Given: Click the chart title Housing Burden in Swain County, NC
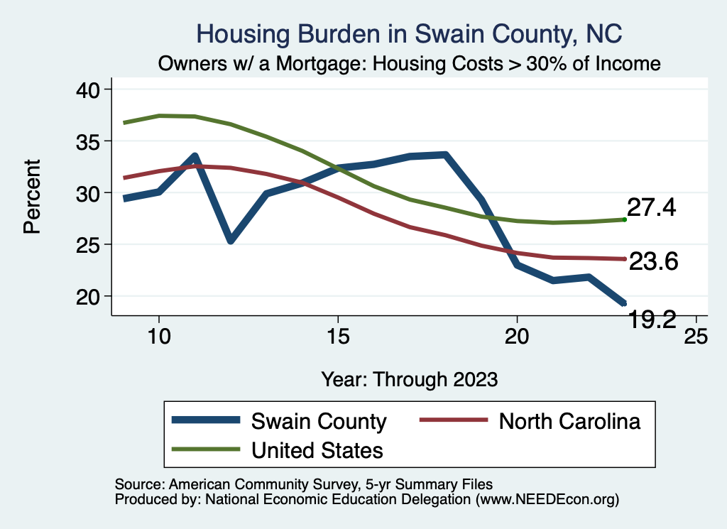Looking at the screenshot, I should (x=409, y=33).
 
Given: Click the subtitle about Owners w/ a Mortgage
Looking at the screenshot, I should (x=410, y=63).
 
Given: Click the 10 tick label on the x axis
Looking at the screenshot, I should (x=159, y=336).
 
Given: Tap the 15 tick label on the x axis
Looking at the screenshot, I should (x=338, y=336).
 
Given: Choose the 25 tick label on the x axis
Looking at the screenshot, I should (x=696, y=336).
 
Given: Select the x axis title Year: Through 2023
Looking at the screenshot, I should (x=409, y=378).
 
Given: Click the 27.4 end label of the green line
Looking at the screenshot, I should (x=651, y=208).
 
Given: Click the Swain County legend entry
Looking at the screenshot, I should (x=319, y=421).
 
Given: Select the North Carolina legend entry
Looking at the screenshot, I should (x=569, y=421).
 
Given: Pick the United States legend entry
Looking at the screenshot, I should (x=317, y=450).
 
